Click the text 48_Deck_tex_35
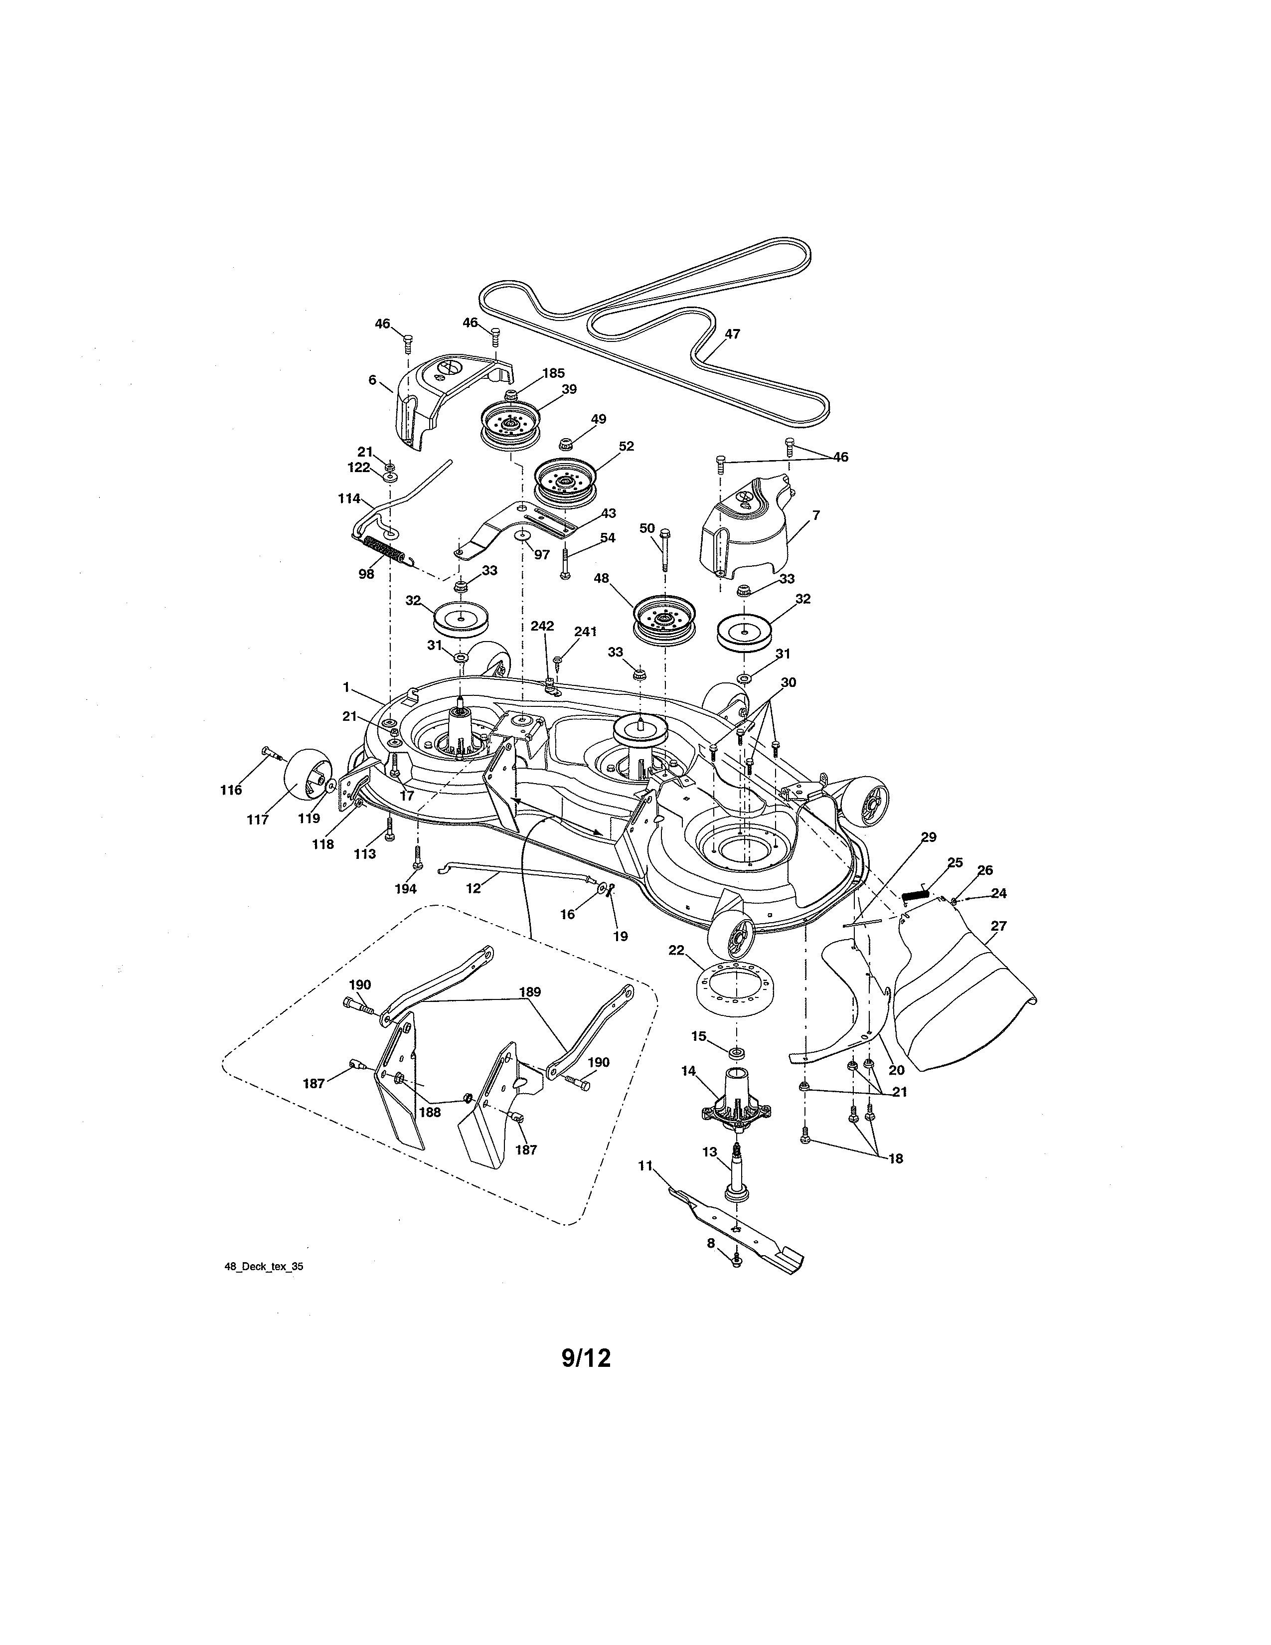tap(264, 1267)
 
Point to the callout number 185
tap(553, 373)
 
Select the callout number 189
tap(530, 992)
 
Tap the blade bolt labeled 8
tap(737, 1259)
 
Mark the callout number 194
tap(405, 889)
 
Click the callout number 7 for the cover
tap(815, 515)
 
